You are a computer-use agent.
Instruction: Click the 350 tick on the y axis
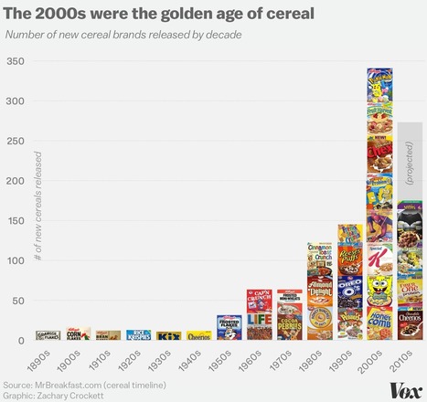[x=15, y=61]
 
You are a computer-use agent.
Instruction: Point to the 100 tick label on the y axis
[x=15, y=261]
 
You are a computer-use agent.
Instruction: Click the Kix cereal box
[x=168, y=336]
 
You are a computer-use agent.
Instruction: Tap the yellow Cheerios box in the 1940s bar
[x=198, y=336]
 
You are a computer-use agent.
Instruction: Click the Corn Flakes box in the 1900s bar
[x=79, y=335]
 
